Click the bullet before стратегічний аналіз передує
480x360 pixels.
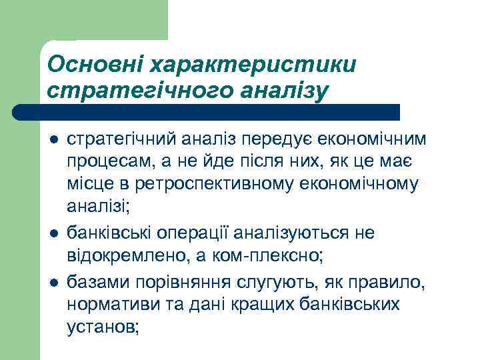(54, 140)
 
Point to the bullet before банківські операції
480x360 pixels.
(54, 233)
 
